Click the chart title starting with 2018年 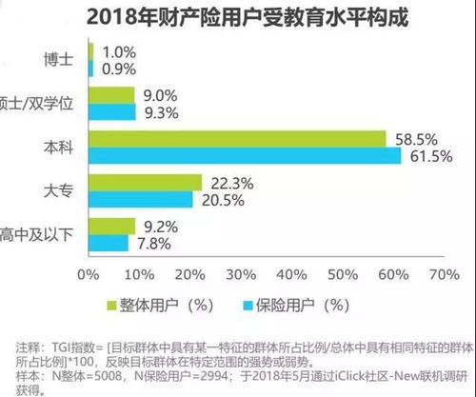[237, 17]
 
